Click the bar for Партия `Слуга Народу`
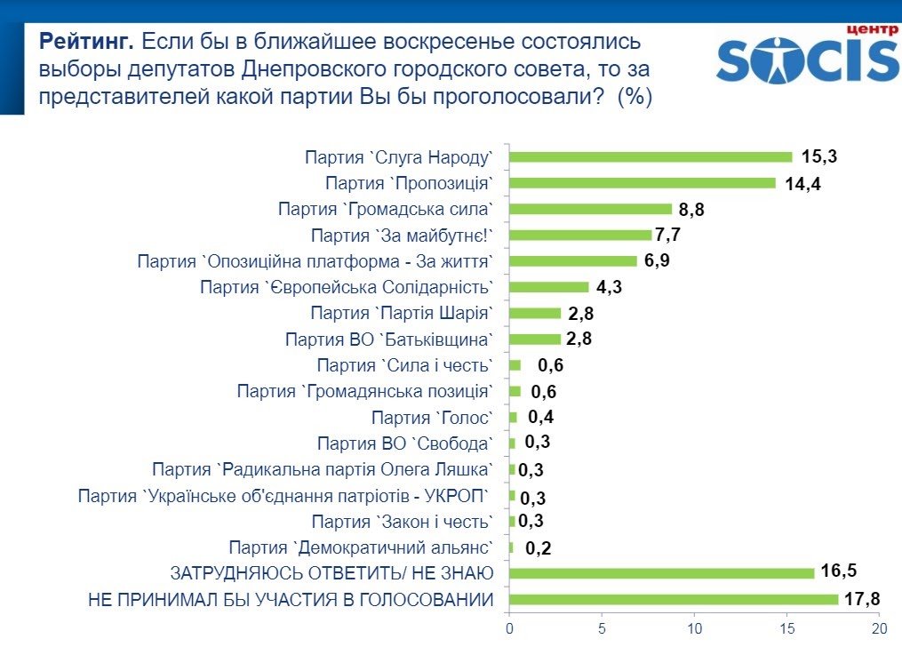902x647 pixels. click(x=650, y=157)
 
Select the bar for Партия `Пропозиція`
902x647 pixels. click(x=642, y=183)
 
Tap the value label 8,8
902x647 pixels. click(x=696, y=209)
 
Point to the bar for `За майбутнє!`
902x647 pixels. click(x=579, y=235)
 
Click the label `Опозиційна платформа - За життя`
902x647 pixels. click(x=315, y=261)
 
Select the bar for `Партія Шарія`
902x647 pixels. click(x=534, y=313)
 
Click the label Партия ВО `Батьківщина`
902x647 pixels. click(x=388, y=339)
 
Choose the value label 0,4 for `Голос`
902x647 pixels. click(x=540, y=417)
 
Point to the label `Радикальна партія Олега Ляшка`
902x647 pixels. click(x=322, y=469)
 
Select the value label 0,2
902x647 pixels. click(x=539, y=547)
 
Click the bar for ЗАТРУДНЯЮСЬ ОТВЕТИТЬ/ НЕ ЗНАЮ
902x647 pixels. click(x=661, y=573)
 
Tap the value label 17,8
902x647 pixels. click(x=862, y=599)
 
